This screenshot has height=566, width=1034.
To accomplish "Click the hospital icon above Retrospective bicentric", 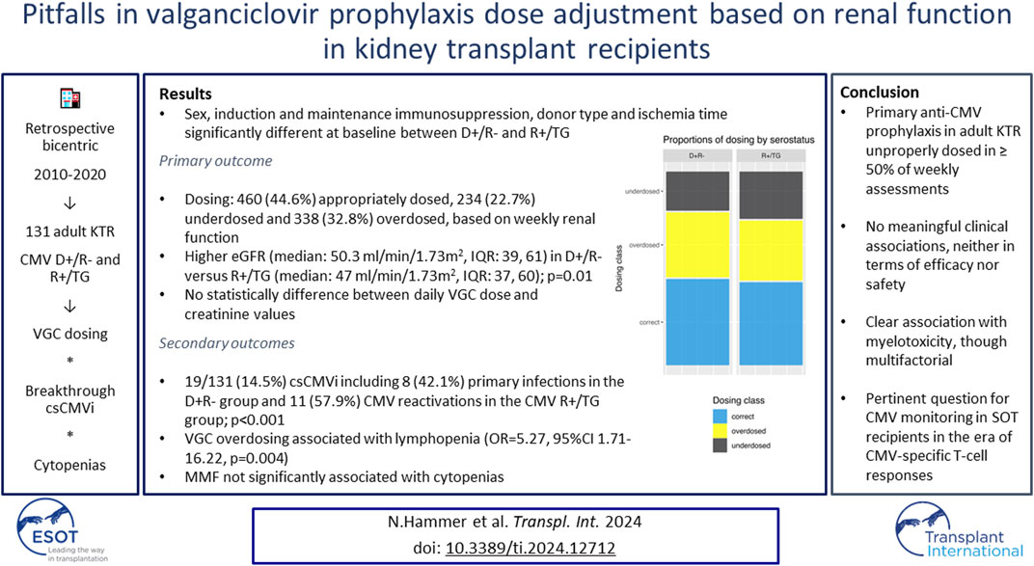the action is pos(69,99).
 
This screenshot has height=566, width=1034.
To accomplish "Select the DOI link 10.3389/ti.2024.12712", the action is pos(531,548).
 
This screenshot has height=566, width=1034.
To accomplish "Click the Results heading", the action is pos(185,94).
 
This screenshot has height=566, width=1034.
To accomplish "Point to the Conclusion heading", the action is pos(879,93).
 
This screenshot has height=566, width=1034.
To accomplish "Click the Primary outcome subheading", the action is pos(215,161).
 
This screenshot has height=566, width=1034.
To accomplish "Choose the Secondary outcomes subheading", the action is pos(226,343).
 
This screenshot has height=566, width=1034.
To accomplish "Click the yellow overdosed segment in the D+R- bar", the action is pos(697,245).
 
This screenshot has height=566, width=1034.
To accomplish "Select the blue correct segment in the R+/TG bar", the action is pos(771,324).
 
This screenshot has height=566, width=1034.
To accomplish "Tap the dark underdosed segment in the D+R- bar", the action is pos(697,192).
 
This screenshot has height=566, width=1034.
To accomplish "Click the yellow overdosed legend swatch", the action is pos(721,431).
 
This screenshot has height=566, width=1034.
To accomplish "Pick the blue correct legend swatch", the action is pos(721,417).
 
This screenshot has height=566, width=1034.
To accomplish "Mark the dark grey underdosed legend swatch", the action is pos(721,445).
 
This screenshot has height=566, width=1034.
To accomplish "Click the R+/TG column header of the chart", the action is pos(771,156).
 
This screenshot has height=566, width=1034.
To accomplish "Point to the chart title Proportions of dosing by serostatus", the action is pos(739,140).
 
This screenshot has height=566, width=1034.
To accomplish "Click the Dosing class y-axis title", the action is pos(618,268).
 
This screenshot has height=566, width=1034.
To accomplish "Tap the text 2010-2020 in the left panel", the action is pos(69,175).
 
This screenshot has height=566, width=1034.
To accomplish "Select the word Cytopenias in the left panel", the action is pos(69,465).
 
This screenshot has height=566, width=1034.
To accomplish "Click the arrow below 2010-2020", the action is pos(69,203).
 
